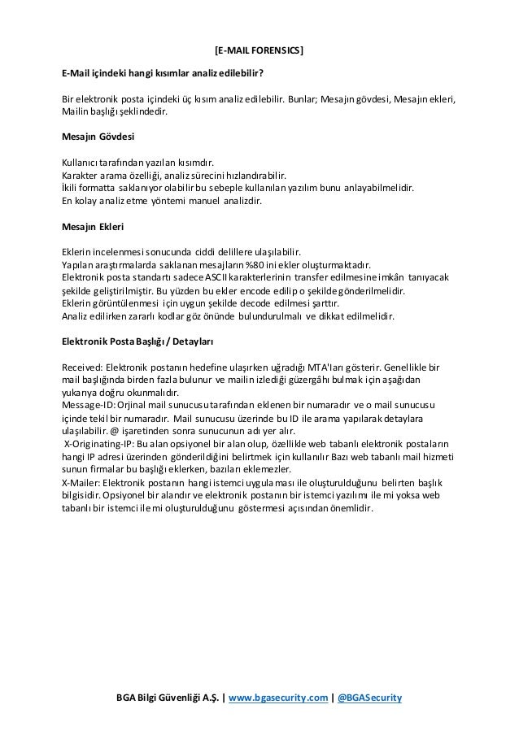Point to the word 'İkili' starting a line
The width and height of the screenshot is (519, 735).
(x=72, y=187)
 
